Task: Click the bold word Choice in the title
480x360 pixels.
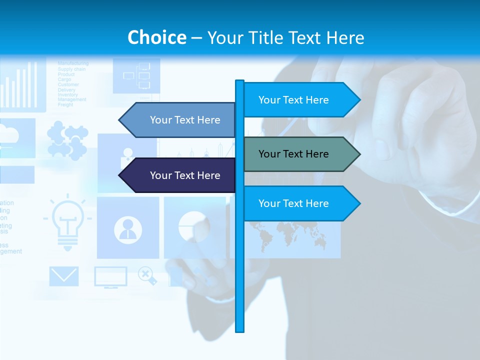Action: pyautogui.click(x=156, y=37)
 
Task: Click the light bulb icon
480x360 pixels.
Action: pyautogui.click(x=67, y=222)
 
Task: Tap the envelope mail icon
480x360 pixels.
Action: pyautogui.click(x=64, y=276)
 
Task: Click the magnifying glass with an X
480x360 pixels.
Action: pyautogui.click(x=146, y=275)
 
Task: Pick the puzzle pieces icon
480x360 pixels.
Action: pyautogui.click(x=67, y=142)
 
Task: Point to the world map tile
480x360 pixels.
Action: pyautogui.click(x=290, y=235)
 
